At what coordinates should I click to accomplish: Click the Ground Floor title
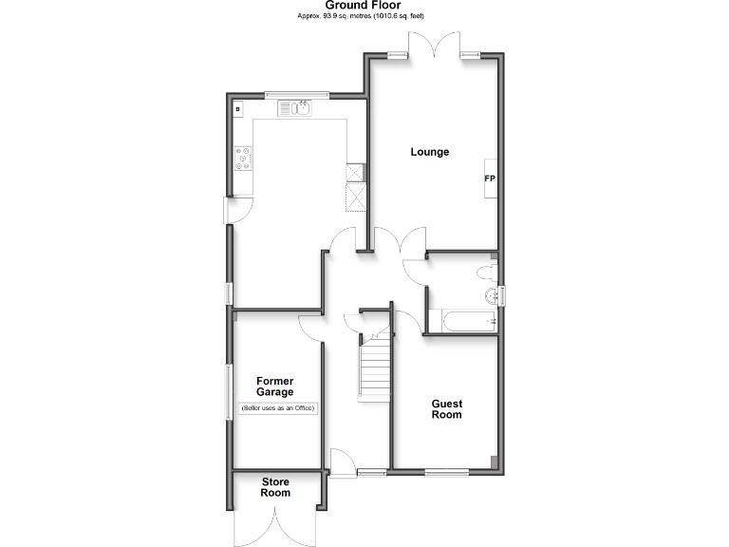[363, 6]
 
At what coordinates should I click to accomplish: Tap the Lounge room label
[429, 152]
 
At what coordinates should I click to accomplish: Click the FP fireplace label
[490, 179]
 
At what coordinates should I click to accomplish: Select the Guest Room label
[446, 409]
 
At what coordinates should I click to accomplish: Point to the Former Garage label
[274, 387]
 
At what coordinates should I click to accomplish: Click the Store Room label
[275, 487]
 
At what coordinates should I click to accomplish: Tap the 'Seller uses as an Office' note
[277, 408]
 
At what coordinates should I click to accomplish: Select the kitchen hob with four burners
[243, 158]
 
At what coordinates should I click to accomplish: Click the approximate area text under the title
[363, 17]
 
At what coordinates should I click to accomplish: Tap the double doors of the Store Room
[275, 524]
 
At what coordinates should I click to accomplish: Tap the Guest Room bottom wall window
[446, 472]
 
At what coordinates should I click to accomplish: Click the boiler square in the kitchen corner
[236, 109]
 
